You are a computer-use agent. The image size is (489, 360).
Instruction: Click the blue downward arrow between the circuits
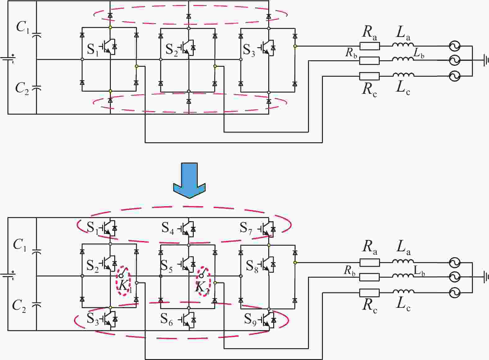tap(189, 180)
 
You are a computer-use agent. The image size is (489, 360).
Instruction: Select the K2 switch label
tap(202, 287)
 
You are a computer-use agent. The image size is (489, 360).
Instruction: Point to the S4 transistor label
tap(168, 228)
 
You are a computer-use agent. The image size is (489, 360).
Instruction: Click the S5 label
tap(166, 266)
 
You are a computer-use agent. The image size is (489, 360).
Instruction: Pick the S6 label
tap(166, 319)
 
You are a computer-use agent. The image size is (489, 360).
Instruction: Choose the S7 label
tap(246, 228)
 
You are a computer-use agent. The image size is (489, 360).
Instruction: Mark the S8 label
tap(252, 267)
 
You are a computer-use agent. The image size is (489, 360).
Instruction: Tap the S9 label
tap(250, 320)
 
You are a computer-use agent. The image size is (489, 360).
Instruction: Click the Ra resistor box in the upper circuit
tap(369, 46)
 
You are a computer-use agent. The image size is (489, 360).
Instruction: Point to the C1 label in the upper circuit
tap(23, 28)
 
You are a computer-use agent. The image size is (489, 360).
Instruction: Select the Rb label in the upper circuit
tap(351, 53)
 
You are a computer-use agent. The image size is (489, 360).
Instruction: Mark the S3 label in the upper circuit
tap(249, 50)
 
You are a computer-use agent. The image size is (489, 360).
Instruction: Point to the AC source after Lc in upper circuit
tap(455, 76)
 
